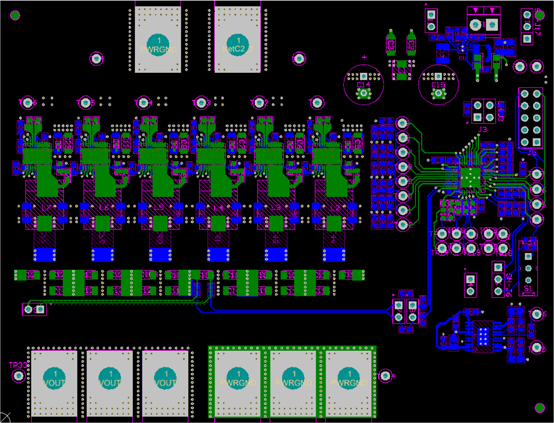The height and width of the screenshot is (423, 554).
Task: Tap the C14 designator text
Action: (x=363, y=85)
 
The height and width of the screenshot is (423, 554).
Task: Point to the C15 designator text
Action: (x=439, y=85)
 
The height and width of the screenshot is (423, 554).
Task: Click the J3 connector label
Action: (x=482, y=129)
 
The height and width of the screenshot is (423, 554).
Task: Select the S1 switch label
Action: (x=527, y=287)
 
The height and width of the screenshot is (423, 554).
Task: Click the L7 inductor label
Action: (x=46, y=207)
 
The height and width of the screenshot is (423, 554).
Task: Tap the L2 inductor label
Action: (x=334, y=207)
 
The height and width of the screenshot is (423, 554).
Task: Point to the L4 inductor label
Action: (x=218, y=207)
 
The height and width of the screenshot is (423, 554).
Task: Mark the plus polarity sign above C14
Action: (x=364, y=58)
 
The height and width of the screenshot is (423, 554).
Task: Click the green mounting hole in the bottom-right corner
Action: (x=540, y=408)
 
